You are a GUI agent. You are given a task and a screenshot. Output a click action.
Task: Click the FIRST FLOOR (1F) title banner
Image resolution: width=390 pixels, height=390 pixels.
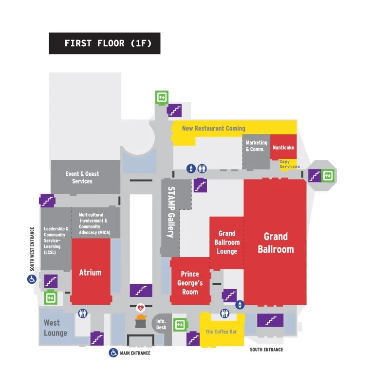[104, 43]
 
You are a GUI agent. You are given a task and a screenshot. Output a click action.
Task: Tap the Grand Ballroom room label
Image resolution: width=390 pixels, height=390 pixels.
[276, 242]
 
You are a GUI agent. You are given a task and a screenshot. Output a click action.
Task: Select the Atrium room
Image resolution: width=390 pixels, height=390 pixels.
[91, 272]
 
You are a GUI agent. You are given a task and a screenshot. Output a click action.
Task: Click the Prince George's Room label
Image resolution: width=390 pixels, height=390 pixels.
[190, 282]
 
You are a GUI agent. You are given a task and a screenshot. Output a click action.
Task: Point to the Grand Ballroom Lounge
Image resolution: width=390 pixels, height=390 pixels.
[227, 242]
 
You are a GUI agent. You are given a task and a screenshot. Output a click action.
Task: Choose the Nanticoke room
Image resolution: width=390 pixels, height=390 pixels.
[283, 148]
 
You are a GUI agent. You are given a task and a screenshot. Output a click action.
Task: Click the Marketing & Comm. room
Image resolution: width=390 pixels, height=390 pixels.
[256, 146]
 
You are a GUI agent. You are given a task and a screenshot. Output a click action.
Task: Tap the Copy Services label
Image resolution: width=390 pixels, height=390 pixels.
[289, 164]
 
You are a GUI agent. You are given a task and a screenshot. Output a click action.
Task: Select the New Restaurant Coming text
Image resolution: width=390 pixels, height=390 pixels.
[213, 129]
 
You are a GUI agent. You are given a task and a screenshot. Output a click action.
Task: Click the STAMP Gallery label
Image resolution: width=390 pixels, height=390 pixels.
[171, 212]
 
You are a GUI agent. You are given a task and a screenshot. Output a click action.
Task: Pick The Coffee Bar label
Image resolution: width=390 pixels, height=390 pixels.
[221, 332]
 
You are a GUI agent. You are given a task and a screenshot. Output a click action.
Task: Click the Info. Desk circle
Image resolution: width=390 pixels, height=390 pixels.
[161, 324]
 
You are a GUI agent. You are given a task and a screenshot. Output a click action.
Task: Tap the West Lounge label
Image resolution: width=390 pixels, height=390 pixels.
[55, 328]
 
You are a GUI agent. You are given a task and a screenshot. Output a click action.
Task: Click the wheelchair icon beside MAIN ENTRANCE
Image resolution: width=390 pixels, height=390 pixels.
[113, 353]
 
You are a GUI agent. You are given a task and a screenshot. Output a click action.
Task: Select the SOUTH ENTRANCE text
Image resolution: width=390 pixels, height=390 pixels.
[266, 350]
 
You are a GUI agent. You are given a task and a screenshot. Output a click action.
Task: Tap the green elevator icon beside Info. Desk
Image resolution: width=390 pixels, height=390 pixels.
[181, 324]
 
